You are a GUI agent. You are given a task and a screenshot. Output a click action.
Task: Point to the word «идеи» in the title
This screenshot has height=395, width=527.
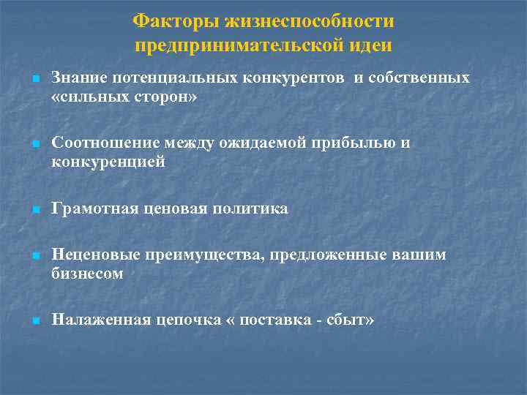[371, 45]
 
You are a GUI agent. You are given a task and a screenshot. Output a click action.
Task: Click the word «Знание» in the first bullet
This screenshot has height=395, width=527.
[78, 78]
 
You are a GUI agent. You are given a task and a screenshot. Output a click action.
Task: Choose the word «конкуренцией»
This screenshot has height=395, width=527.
[108, 162]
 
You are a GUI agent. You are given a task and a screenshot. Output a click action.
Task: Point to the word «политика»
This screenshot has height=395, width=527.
[250, 209]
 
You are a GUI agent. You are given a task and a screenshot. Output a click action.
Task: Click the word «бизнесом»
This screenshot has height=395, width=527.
[87, 274]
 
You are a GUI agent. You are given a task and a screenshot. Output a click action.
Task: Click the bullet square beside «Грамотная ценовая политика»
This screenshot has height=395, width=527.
[34, 211]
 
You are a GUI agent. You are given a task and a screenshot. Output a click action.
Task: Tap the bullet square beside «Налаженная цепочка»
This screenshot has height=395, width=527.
[34, 321]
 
